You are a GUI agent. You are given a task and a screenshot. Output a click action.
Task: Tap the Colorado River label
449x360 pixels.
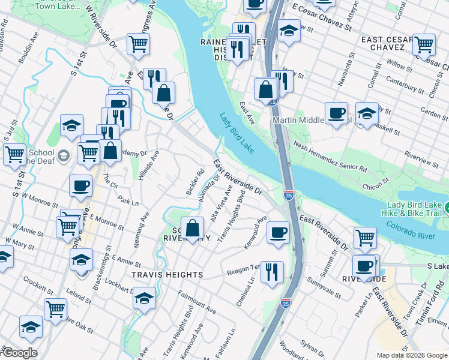411,231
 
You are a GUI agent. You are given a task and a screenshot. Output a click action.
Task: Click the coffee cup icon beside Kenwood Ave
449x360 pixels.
277,232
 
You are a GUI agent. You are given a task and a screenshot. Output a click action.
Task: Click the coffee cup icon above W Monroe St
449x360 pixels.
80,186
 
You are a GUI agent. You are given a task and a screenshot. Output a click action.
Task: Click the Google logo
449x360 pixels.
19,353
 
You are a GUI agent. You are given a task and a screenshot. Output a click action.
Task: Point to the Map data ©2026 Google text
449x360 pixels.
412,355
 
